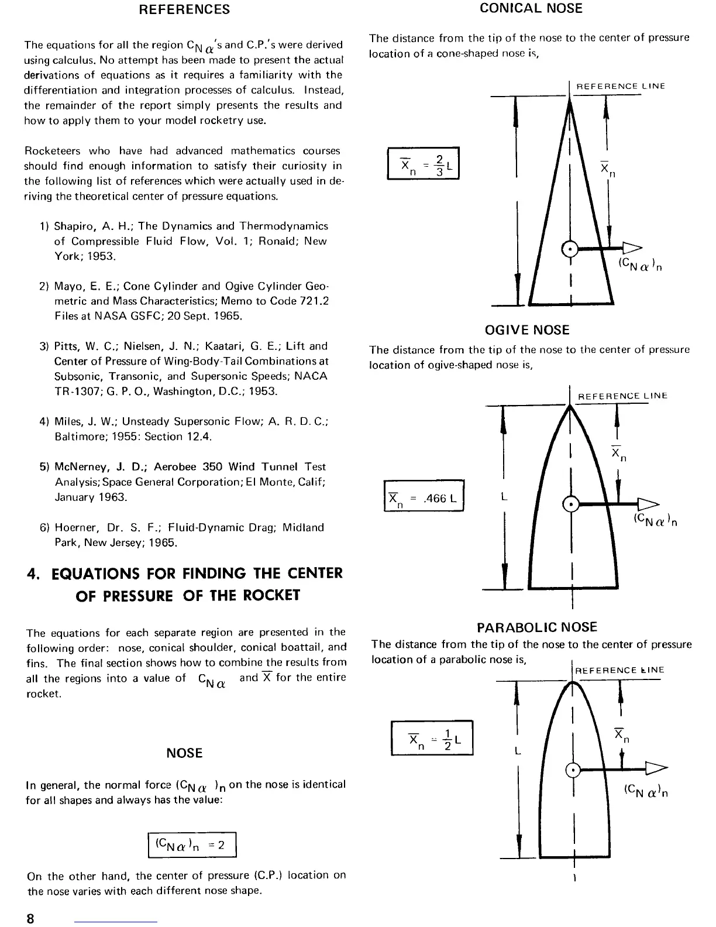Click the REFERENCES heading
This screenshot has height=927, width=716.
pyautogui.click(x=184, y=9)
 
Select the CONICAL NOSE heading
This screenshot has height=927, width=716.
pyautogui.click(x=531, y=8)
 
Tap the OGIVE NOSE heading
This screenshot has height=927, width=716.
pyautogui.click(x=526, y=330)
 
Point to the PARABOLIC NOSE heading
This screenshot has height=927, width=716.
pyautogui.click(x=536, y=628)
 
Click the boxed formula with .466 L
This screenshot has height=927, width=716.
pyautogui.click(x=424, y=495)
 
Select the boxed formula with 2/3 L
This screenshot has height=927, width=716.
pyautogui.click(x=423, y=163)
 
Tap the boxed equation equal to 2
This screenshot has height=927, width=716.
pyautogui.click(x=192, y=844)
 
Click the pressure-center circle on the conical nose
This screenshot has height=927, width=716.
pyautogui.click(x=570, y=249)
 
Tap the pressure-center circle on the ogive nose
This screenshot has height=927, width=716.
pyautogui.click(x=570, y=504)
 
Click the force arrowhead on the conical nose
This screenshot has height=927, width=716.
pyautogui.click(x=631, y=248)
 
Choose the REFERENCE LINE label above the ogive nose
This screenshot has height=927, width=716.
pyautogui.click(x=622, y=396)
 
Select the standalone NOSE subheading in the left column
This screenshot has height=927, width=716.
pyautogui.click(x=184, y=753)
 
